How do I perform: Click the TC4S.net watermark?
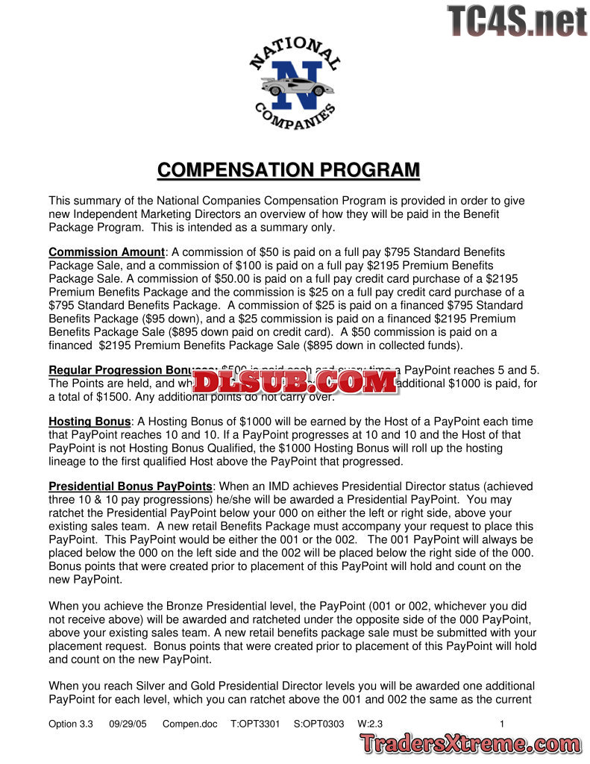(x=517, y=21)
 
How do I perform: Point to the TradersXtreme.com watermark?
(x=471, y=744)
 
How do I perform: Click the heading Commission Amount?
(x=107, y=252)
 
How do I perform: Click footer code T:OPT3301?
(x=255, y=724)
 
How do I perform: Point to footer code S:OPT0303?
(x=318, y=724)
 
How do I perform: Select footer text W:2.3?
(x=371, y=724)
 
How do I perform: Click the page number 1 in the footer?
(x=502, y=724)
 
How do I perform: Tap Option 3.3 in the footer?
(x=71, y=724)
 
